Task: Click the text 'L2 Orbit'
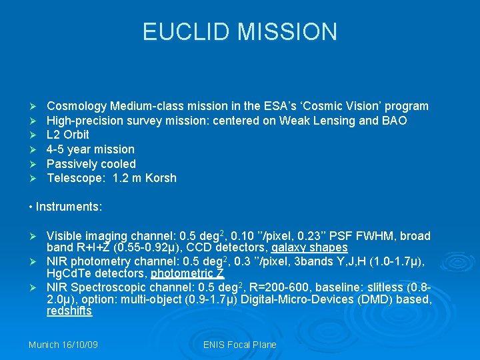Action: tap(67, 135)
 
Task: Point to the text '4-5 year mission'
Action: tap(91, 149)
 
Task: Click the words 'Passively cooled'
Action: tap(91, 164)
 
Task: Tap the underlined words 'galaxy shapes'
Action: tap(309, 247)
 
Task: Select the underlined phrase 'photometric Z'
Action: tap(187, 273)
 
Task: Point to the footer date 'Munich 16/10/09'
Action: tap(63, 345)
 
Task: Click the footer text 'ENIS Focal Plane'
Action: tap(239, 345)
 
